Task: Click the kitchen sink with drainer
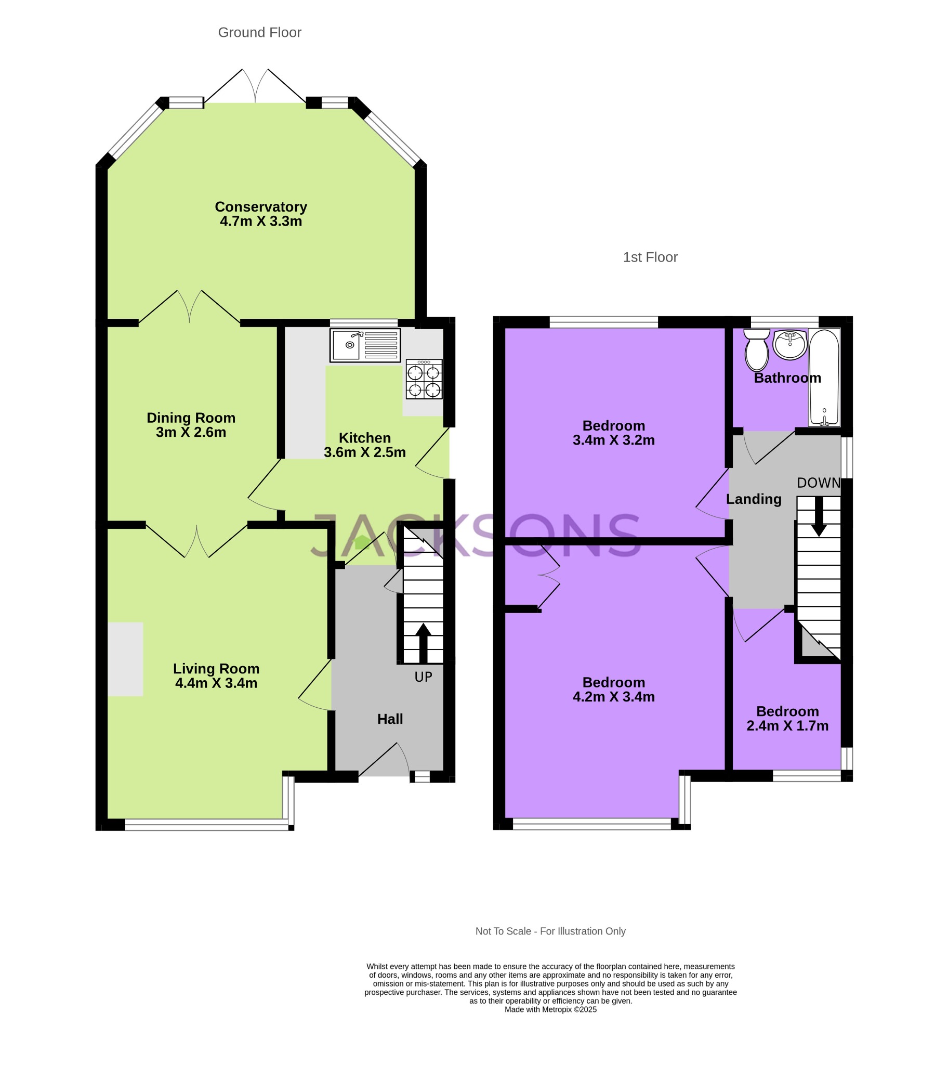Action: point(365,345)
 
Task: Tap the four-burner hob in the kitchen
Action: point(424,379)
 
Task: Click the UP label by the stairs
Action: point(423,677)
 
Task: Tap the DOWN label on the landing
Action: point(818,483)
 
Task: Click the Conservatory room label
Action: point(261,207)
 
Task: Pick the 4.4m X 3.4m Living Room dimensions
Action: point(216,683)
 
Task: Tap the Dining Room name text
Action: point(191,418)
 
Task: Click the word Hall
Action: point(390,719)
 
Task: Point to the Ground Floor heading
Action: point(259,32)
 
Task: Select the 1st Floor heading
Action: point(650,257)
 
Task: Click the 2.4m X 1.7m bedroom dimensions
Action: point(787,726)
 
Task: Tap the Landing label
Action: point(754,499)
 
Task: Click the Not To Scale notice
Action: point(550,931)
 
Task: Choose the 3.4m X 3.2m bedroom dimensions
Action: point(614,440)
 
